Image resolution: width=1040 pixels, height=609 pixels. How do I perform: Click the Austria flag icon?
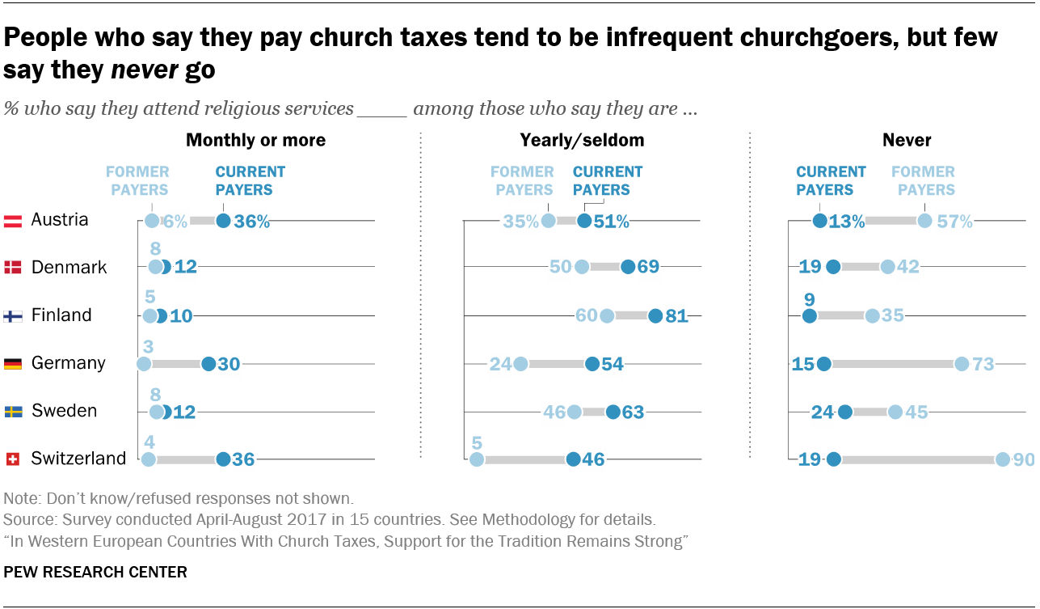point(12,220)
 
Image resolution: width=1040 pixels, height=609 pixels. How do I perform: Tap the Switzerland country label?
point(78,459)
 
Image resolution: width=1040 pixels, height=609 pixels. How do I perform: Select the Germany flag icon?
point(12,363)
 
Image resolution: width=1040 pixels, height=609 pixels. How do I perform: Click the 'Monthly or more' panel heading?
point(255,140)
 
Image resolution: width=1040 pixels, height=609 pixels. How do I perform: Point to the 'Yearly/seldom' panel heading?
point(582,140)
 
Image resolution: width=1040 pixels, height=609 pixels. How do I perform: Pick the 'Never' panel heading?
point(907,140)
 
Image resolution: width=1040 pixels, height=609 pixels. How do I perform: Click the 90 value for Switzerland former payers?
point(1023,459)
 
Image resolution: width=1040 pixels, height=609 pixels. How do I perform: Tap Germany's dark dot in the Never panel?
point(824,364)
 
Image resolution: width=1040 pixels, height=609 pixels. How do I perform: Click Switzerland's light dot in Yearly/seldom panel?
point(477,459)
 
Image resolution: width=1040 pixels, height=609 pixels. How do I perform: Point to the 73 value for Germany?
point(983,364)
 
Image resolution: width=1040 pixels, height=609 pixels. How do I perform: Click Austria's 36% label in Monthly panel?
point(251,221)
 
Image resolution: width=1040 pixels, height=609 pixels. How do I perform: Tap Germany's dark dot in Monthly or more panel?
point(208,364)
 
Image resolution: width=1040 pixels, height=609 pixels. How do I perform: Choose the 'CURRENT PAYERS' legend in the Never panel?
point(831,180)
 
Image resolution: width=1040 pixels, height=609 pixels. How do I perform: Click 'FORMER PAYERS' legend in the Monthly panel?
point(137,180)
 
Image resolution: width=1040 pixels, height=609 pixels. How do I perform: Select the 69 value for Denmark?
point(648,268)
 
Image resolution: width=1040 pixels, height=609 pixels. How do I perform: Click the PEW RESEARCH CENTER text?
point(95,572)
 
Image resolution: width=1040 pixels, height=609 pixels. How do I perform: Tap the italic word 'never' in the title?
point(144,70)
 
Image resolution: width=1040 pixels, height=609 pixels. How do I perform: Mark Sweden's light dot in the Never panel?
point(895,412)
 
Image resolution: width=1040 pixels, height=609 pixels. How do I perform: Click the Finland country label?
point(61,315)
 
